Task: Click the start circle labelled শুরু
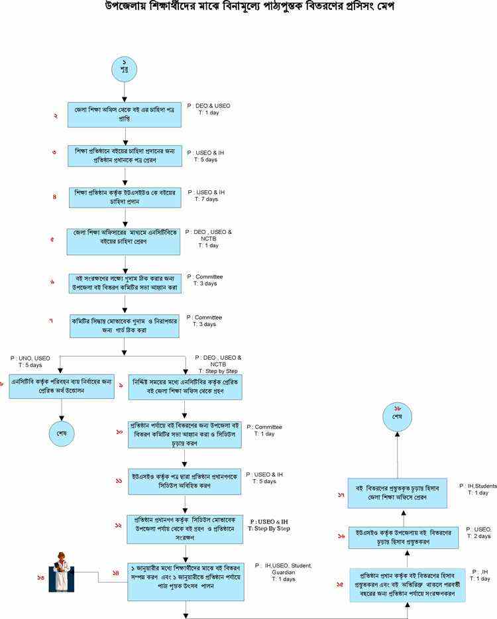pos(125,69)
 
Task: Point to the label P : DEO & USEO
pos(209,105)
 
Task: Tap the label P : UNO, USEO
pos(30,358)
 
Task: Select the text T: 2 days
pos(478,535)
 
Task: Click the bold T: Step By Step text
pos(268,528)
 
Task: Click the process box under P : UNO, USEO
pos(61,387)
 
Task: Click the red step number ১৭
pos(341,494)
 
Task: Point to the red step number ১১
pos(119,480)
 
